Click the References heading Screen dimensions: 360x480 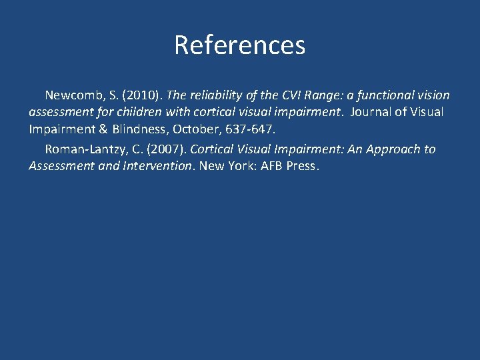[239, 45]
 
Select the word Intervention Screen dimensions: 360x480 [159, 165]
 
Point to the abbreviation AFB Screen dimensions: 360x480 [273, 165]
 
